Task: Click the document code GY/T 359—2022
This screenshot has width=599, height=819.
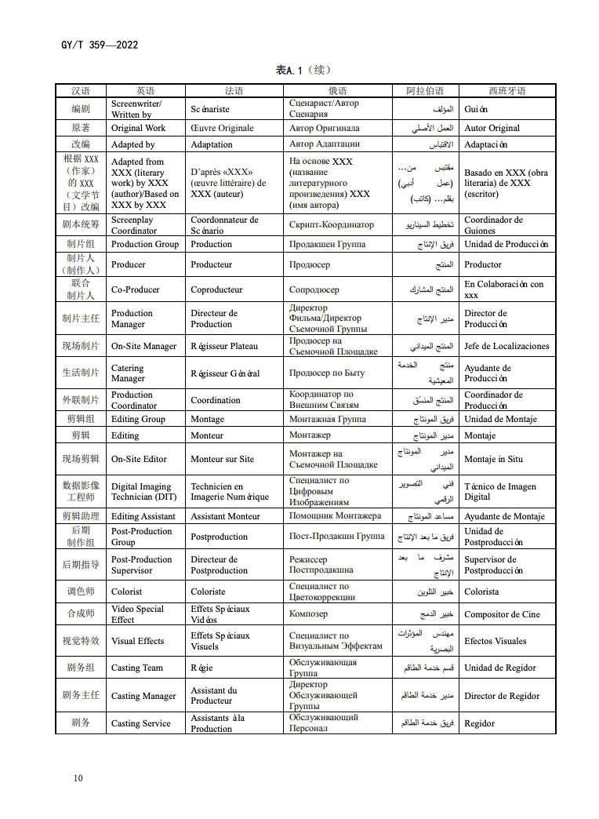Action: pos(99,45)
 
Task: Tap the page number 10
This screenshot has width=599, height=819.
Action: pos(78,778)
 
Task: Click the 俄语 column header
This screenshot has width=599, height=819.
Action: pos(338,91)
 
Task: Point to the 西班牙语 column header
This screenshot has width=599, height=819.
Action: pos(507,91)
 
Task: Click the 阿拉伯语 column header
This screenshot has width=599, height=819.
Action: pos(425,91)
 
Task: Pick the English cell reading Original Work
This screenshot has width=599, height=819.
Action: pos(139,128)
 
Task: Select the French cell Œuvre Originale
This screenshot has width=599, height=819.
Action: pos(222,128)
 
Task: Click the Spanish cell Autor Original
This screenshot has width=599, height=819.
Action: pos(492,128)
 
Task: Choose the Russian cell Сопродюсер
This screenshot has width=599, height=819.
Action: pos(314,289)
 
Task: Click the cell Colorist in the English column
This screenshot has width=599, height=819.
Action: pos(127,591)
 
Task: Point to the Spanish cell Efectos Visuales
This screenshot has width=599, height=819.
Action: pos(496,641)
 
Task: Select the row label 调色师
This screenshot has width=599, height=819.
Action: pos(81,591)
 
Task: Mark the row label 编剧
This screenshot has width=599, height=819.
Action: pos(81,109)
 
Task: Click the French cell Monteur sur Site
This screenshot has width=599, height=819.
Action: pos(222,459)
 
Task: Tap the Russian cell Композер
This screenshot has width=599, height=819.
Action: pos(308,614)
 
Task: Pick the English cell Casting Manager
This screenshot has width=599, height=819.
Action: pos(143,696)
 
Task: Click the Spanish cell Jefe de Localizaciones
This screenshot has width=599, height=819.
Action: pos(506,346)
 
